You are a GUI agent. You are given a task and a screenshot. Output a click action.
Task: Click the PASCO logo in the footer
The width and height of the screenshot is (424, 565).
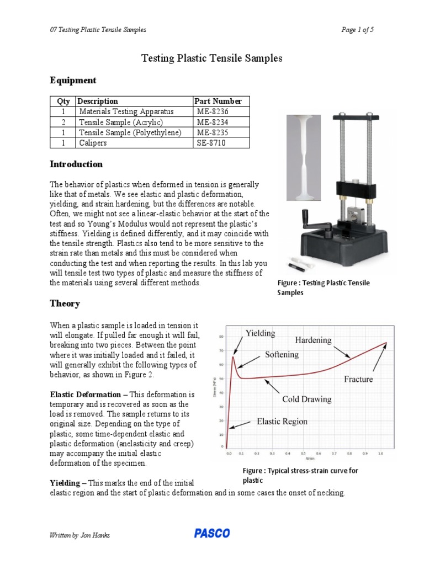(211, 534)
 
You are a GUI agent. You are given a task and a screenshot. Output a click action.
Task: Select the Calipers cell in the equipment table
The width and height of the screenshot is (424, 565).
(93, 143)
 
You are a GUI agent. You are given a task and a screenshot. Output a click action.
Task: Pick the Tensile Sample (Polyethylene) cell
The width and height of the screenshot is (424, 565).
(130, 132)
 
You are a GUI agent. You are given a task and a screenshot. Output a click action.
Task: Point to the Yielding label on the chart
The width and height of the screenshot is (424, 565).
(259, 333)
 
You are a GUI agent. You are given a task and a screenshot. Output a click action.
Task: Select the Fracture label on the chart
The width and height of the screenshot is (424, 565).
(358, 379)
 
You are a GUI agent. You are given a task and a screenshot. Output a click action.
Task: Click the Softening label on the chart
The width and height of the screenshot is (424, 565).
(282, 354)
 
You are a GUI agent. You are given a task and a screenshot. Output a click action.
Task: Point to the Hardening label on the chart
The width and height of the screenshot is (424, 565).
(313, 339)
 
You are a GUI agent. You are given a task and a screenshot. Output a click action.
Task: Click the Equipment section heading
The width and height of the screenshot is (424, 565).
(73, 81)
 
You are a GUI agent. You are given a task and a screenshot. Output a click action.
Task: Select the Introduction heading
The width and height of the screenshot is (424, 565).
(76, 164)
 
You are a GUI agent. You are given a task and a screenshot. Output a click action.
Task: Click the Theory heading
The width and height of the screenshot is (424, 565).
(65, 303)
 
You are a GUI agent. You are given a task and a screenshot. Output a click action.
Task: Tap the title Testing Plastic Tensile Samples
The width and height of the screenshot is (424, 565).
(212, 58)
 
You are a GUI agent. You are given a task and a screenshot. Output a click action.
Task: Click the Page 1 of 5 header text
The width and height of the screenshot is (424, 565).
(358, 30)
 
